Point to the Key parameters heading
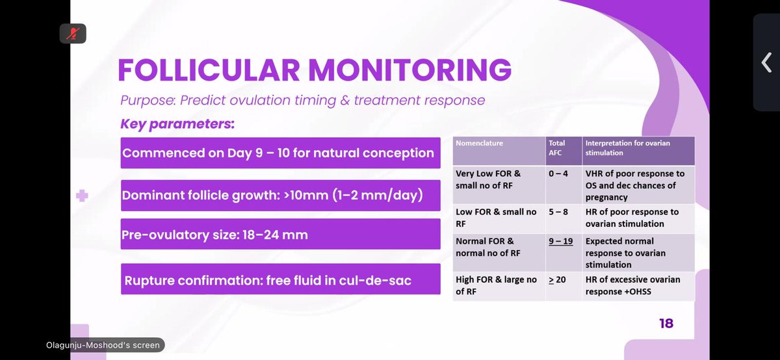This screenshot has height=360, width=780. click(177, 123)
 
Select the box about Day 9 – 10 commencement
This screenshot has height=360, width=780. click(278, 154)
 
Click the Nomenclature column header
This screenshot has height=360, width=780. click(480, 144)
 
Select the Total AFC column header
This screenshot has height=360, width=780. click(558, 148)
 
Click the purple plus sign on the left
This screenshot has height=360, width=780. click(82, 195)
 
